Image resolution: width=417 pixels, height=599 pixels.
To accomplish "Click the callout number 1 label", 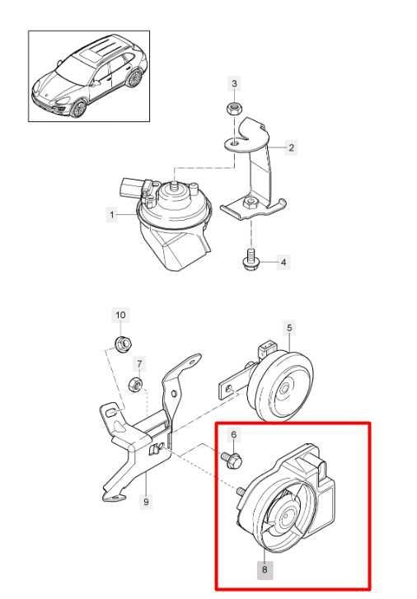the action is pyautogui.click(x=111, y=214).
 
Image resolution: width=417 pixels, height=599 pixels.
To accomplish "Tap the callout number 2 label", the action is pyautogui.click(x=291, y=147).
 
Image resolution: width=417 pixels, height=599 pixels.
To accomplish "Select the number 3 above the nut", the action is pyautogui.click(x=235, y=83).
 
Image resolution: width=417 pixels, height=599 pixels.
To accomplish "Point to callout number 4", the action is pyautogui.click(x=283, y=263).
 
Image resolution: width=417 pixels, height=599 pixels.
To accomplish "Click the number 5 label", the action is pyautogui.click(x=289, y=327).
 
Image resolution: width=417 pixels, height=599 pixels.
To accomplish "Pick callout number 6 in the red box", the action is pyautogui.click(x=234, y=434).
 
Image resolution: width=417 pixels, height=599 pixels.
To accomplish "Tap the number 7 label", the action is pyautogui.click(x=139, y=363).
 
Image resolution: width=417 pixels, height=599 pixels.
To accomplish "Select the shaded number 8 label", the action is pyautogui.click(x=265, y=569).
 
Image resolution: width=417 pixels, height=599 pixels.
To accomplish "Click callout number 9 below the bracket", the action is pyautogui.click(x=146, y=500).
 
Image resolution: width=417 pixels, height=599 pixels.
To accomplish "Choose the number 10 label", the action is pyautogui.click(x=120, y=316).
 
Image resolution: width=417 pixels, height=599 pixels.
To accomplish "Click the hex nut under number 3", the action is pyautogui.click(x=232, y=110).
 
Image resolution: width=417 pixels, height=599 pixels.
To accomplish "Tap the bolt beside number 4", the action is pyautogui.click(x=251, y=259).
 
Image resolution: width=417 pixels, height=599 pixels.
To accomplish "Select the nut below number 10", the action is pyautogui.click(x=123, y=342).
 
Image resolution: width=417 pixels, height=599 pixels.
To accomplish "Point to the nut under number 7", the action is pyautogui.click(x=136, y=384).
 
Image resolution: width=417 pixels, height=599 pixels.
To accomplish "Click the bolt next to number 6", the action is pyautogui.click(x=232, y=460).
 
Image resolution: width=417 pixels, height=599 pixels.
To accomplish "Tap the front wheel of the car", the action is pyautogui.click(x=79, y=109).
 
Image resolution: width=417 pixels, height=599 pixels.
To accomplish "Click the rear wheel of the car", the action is pyautogui.click(x=134, y=78).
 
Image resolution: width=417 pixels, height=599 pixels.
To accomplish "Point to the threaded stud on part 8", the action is pyautogui.click(x=241, y=491).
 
